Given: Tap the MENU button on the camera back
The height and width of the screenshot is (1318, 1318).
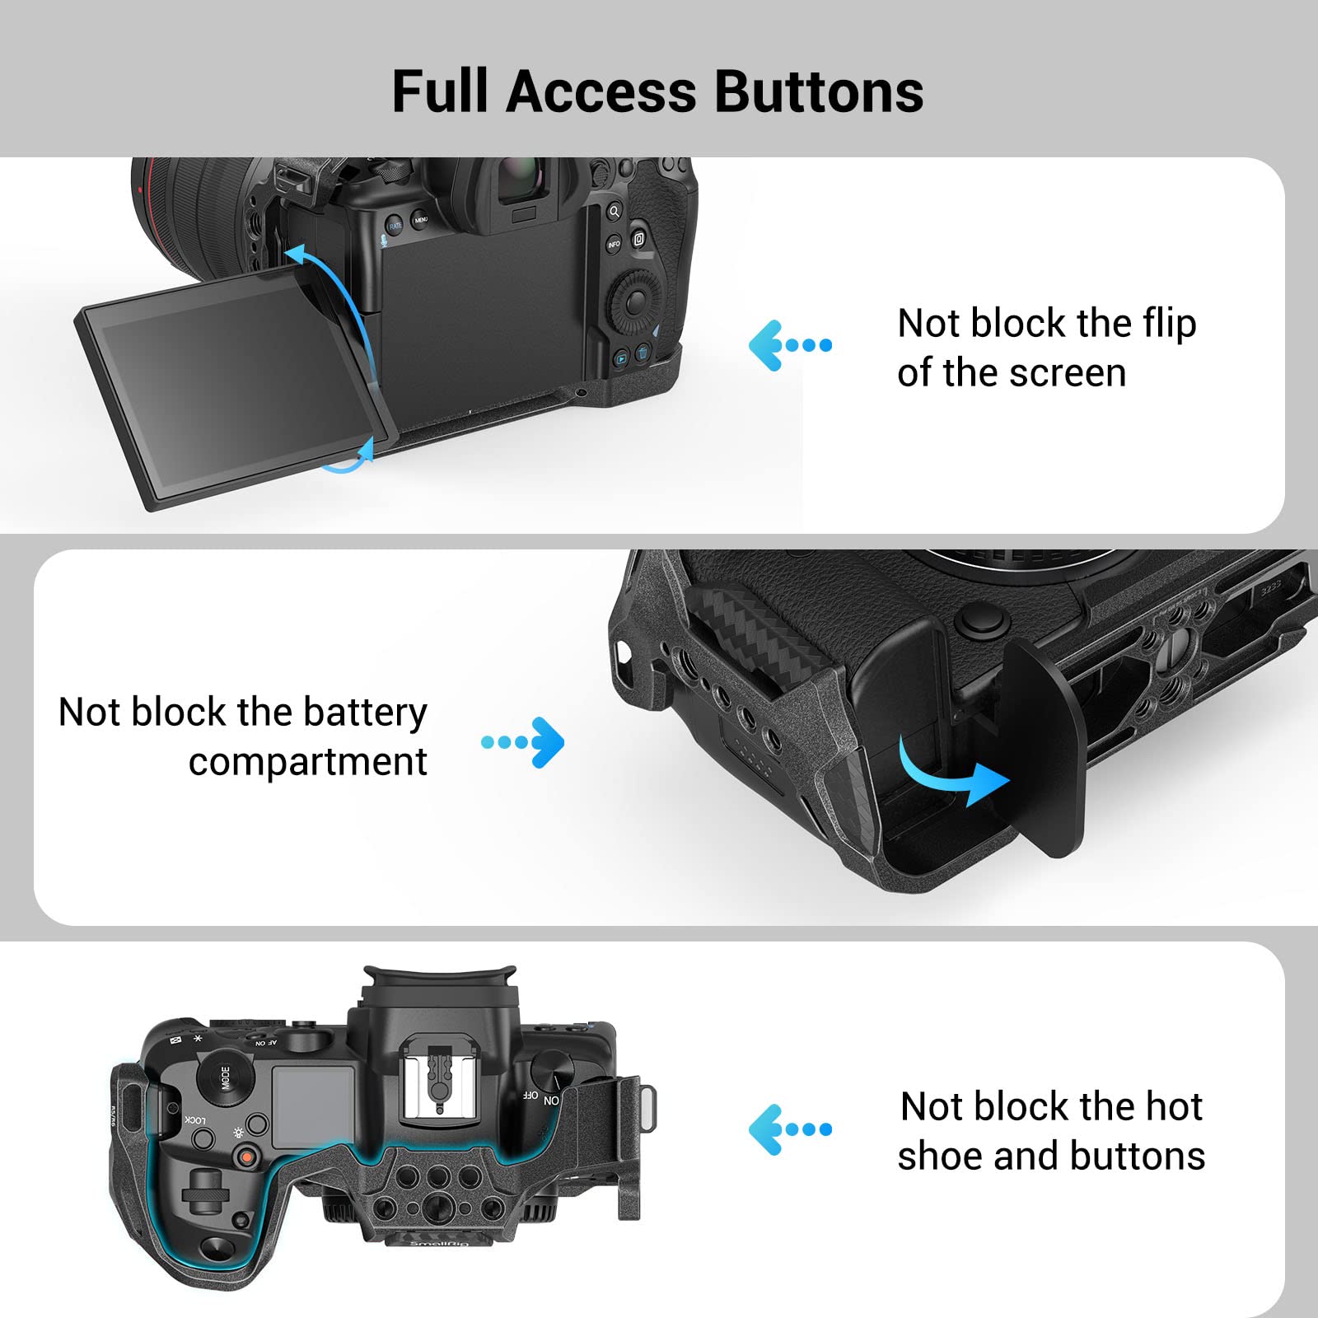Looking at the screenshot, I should point(421,220).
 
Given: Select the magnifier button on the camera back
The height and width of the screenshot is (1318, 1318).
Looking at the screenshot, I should point(614,212).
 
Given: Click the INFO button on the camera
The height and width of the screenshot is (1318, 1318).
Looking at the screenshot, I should point(614,245).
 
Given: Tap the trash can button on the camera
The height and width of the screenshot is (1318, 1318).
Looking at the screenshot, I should point(642,353).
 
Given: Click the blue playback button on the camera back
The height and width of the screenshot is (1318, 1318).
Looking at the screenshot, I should point(621,358).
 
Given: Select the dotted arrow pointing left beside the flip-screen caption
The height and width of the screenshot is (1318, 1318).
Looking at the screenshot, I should point(789,345).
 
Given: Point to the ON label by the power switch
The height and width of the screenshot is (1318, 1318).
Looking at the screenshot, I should point(551,1101).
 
